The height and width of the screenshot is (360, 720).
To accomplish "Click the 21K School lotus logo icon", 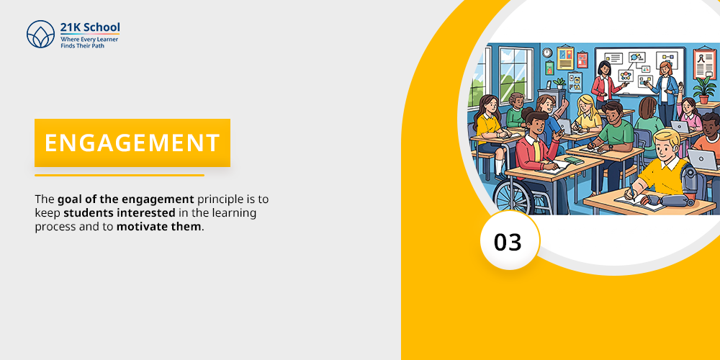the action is (40, 34).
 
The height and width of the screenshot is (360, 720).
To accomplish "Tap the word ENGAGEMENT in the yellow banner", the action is (132, 143).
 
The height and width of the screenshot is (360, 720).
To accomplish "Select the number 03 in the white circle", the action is (508, 242).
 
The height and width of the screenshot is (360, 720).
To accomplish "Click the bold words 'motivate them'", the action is (159, 226).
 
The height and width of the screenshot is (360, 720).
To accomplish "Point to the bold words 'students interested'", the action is (120, 213).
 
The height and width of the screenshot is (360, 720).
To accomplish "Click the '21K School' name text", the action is (90, 27).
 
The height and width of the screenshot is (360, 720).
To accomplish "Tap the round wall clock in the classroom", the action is (546, 53).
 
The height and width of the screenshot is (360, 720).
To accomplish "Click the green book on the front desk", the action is (574, 161).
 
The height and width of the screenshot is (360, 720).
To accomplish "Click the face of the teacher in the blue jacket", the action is (665, 70).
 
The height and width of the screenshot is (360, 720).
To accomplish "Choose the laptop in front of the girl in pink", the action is (679, 126).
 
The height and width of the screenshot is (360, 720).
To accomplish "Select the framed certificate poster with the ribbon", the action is (705, 63).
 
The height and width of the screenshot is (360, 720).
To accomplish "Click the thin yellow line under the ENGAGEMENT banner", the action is (120, 175).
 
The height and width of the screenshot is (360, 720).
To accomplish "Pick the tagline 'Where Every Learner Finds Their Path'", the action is (89, 42).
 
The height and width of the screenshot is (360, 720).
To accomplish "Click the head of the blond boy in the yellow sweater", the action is (667, 143).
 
